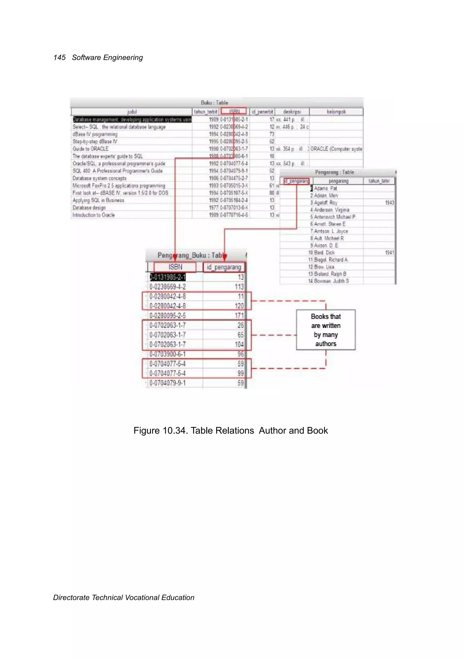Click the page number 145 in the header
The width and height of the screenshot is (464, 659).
pyautogui.click(x=59, y=58)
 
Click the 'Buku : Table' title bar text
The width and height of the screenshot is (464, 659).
pyautogui.click(x=214, y=103)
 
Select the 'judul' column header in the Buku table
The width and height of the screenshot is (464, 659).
pyautogui.click(x=132, y=112)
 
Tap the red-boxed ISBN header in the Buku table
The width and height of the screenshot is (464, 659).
pyautogui.click(x=234, y=111)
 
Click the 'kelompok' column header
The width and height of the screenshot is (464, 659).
pyautogui.click(x=336, y=112)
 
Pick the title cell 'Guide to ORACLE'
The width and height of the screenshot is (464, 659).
pyautogui.click(x=91, y=149)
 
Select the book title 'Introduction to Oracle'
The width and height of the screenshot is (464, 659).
pyautogui.click(x=94, y=215)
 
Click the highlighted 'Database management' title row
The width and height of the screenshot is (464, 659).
pyautogui.click(x=132, y=120)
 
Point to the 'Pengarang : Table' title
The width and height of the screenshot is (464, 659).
pyautogui.click(x=334, y=172)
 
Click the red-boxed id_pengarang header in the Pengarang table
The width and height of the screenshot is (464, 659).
pyautogui.click(x=297, y=181)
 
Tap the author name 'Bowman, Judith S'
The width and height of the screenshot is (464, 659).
pyautogui.click(x=331, y=281)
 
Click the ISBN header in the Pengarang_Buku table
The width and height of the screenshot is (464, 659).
pyautogui.click(x=175, y=267)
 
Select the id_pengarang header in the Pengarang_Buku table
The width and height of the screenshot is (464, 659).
pyautogui.click(x=224, y=267)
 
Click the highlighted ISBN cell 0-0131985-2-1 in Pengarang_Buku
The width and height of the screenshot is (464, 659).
pyautogui.click(x=168, y=277)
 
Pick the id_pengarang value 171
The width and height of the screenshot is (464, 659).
pyautogui.click(x=239, y=315)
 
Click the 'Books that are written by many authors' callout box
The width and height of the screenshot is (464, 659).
pyautogui.click(x=326, y=330)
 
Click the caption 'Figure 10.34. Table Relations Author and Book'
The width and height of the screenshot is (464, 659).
pyautogui.click(x=231, y=431)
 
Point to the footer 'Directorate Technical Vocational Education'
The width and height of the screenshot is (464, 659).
pyautogui.click(x=124, y=598)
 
